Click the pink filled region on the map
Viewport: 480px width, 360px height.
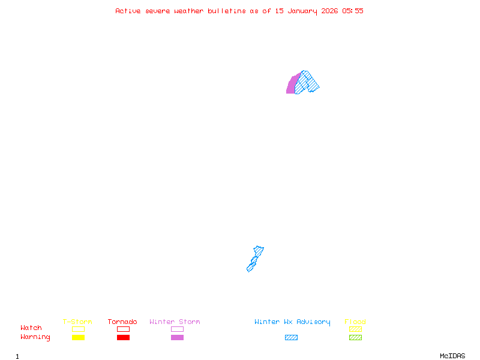pos(292,85)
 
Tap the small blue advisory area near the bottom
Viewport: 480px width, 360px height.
pos(255,259)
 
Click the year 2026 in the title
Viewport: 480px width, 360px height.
pos(329,11)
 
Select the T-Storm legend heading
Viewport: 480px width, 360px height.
pos(77,322)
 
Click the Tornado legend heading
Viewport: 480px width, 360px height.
pos(122,322)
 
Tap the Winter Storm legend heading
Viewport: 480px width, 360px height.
pos(175,322)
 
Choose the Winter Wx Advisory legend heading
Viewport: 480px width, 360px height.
pos(292,322)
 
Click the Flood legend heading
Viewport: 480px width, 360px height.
pos(355,322)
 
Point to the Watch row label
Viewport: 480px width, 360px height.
pos(31,328)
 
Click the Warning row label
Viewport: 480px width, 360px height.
pos(35,337)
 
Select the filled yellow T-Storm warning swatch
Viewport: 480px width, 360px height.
pos(78,337)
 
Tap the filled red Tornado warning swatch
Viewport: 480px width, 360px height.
pos(123,337)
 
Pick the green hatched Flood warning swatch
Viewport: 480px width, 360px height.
pos(355,337)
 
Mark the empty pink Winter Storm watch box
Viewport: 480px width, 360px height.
pos(177,329)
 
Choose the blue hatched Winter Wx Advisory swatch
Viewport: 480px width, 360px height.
pos(291,337)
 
